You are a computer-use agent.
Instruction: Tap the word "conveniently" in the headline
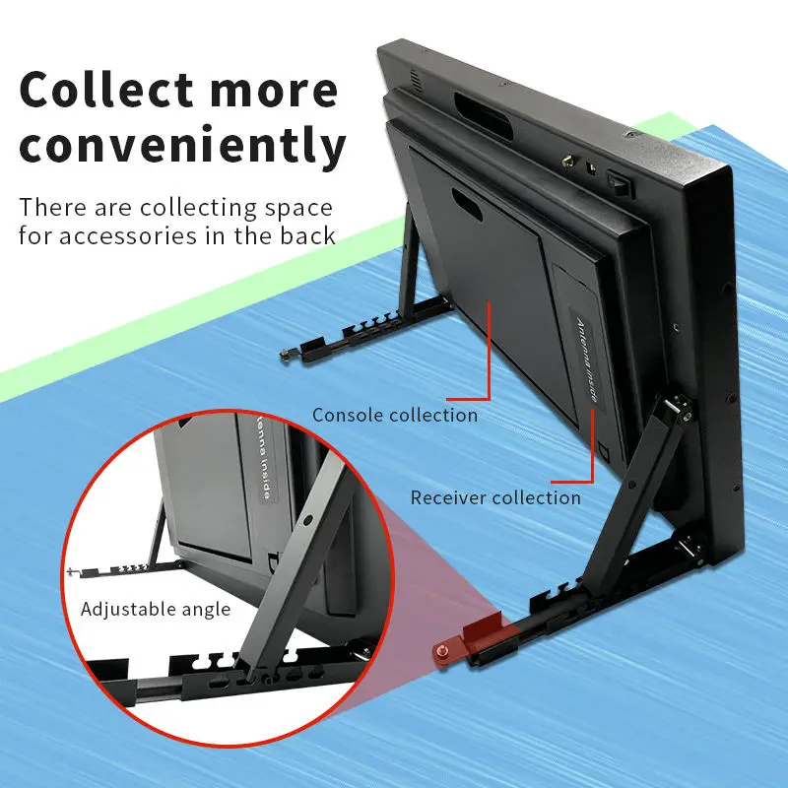[183, 145]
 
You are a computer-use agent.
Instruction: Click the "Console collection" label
[395, 415]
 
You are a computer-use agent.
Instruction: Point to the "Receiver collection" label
[495, 497]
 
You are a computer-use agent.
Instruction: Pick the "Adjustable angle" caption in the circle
[156, 609]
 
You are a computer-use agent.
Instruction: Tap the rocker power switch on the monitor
[618, 183]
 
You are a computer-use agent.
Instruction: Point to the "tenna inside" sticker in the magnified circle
[263, 463]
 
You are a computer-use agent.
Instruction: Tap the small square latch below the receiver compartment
[603, 452]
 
